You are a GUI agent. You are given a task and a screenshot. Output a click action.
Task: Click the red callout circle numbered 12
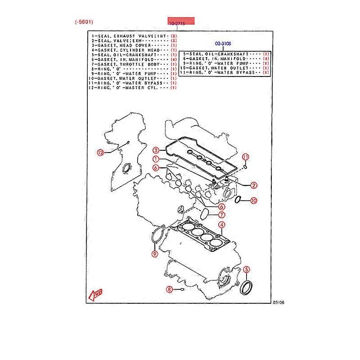pyautogui.click(x=100, y=152)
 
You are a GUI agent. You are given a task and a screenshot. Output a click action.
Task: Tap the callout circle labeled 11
pyautogui.click(x=245, y=157)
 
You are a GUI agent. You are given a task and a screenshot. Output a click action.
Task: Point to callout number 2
pyautogui.click(x=253, y=184)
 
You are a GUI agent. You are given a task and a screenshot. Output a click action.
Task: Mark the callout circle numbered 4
pyautogui.click(x=222, y=225)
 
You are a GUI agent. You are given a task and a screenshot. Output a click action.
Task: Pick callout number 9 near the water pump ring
pyautogui.click(x=154, y=254)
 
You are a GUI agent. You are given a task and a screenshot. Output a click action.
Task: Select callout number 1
pyautogui.click(x=155, y=159)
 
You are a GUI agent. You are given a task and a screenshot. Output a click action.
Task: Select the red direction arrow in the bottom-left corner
pyautogui.click(x=95, y=295)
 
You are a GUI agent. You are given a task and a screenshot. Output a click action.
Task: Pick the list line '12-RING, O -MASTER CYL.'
pyautogui.click(x=130, y=87)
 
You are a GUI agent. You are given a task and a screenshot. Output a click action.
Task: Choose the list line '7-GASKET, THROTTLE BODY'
pyautogui.click(x=130, y=64)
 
